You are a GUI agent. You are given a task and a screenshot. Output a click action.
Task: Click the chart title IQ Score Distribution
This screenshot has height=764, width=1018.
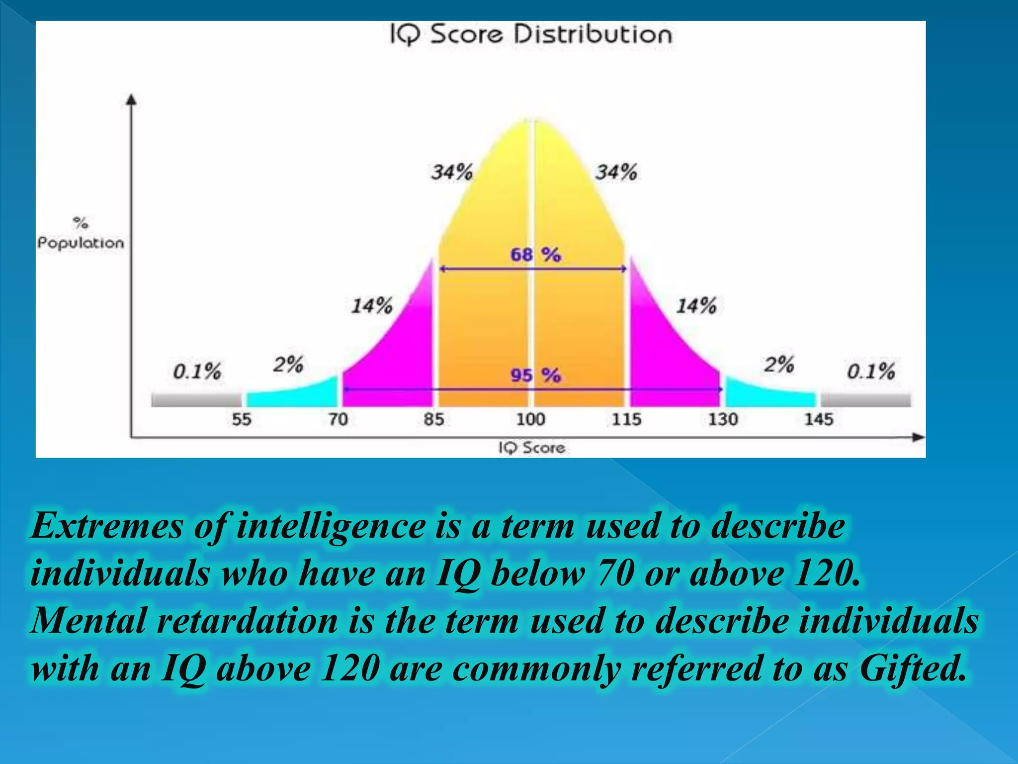[530, 35]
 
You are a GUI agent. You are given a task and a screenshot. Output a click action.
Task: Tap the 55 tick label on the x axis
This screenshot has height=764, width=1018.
[242, 419]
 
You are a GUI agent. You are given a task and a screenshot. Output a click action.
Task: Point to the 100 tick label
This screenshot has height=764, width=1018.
[530, 419]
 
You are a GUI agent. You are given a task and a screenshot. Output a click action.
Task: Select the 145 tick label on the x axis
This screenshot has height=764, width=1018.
[818, 419]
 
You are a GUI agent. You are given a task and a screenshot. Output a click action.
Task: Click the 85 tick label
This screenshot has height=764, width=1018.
[433, 419]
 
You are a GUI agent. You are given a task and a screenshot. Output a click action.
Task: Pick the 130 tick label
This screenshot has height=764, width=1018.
[722, 419]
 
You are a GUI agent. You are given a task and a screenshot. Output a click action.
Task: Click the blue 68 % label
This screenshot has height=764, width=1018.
[535, 255]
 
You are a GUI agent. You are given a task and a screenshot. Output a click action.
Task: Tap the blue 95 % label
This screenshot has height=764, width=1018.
[535, 375]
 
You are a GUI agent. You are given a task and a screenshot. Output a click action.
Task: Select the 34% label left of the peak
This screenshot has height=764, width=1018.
[451, 173]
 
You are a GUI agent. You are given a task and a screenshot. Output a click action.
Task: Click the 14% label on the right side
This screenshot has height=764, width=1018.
[696, 306]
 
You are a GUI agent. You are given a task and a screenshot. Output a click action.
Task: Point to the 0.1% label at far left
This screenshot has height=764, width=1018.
[197, 372]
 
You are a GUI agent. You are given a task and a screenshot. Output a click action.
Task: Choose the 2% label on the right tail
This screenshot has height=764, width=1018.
[779, 365]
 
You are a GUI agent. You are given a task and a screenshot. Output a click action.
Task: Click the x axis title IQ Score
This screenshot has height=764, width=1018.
[532, 448]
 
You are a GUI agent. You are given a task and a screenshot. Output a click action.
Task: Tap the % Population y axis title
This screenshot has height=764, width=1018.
[81, 234]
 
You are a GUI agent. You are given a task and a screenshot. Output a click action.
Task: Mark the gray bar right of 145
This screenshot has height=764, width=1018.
[865, 399]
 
